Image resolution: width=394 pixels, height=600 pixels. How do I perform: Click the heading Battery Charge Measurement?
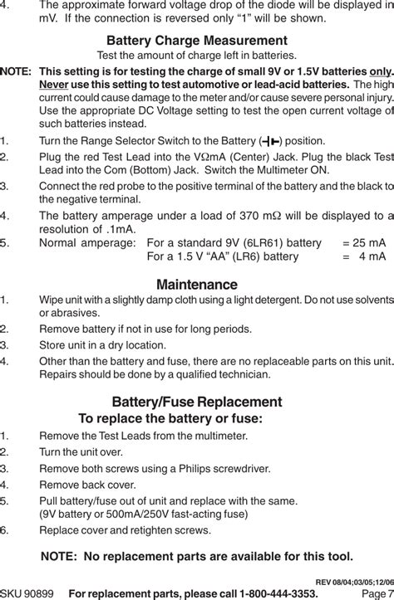click(196, 41)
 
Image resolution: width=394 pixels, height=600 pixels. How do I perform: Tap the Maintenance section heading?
click(196, 285)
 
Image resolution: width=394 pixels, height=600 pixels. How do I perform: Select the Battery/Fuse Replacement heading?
click(196, 402)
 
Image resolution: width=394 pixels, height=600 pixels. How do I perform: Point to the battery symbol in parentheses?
click(271, 141)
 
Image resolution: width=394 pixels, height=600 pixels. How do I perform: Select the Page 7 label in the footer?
click(377, 593)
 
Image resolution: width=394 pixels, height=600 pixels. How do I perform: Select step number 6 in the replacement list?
click(5, 529)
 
